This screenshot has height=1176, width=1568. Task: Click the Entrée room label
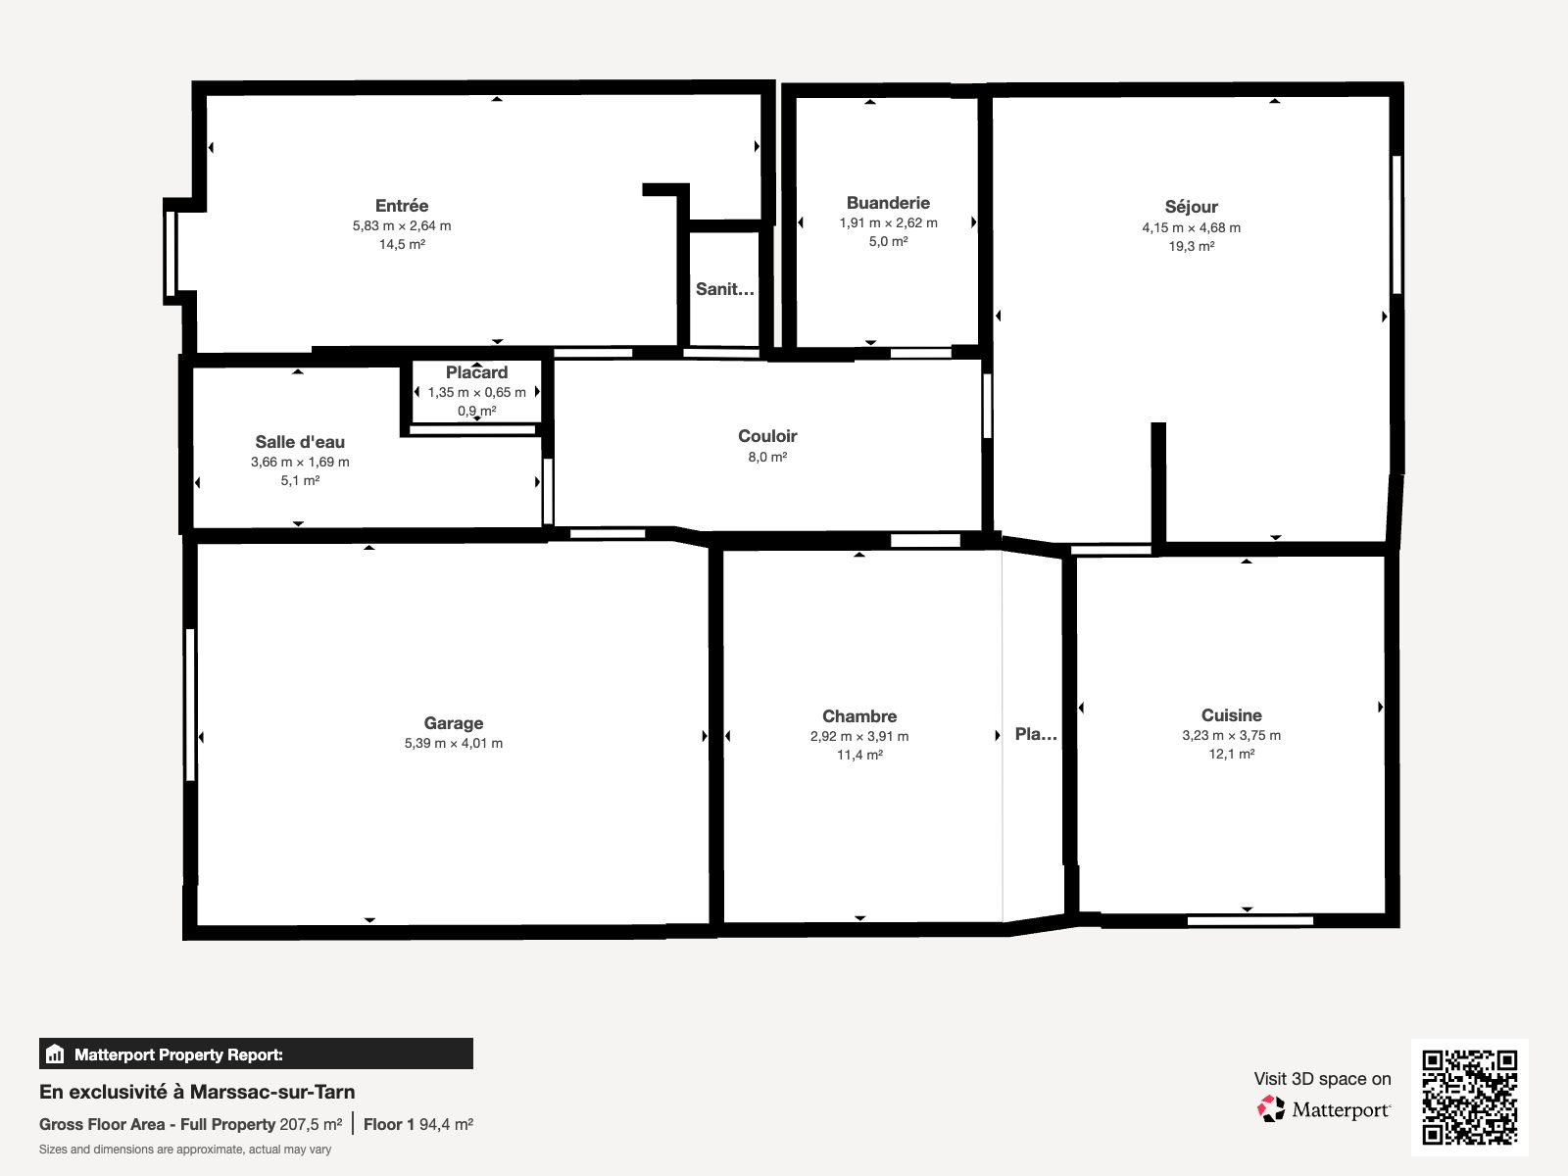pyautogui.click(x=402, y=206)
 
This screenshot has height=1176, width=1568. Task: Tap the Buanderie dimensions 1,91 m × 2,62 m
pyautogui.click(x=888, y=222)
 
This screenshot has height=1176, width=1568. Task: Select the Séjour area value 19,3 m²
pyautogui.click(x=1191, y=246)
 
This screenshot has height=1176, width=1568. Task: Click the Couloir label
pyautogui.click(x=767, y=435)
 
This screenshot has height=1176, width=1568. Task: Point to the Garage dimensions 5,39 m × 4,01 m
pyautogui.click(x=454, y=743)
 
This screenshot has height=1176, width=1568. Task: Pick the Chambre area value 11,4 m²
pyautogui.click(x=859, y=755)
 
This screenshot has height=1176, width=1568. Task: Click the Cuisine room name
pyautogui.click(x=1232, y=714)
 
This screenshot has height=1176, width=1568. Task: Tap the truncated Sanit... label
pyautogui.click(x=724, y=288)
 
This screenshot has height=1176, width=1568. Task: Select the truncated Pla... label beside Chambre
pyautogui.click(x=1036, y=734)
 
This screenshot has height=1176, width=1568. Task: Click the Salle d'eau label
pyautogui.click(x=300, y=442)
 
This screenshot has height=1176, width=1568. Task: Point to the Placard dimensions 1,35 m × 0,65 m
pyautogui.click(x=476, y=392)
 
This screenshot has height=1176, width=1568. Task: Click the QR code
pyautogui.click(x=1469, y=1098)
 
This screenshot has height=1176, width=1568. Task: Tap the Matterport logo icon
pyautogui.click(x=1271, y=1109)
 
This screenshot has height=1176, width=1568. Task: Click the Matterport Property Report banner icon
pyautogui.click(x=55, y=1053)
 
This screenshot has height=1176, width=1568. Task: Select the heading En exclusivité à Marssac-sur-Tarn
pyautogui.click(x=197, y=1092)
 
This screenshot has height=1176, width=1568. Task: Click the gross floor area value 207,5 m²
pyautogui.click(x=311, y=1125)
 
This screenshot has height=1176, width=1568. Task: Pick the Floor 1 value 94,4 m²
pyautogui.click(x=446, y=1125)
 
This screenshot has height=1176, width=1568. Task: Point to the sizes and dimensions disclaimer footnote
pyautogui.click(x=185, y=1150)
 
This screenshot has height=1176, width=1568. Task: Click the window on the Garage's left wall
pyautogui.click(x=190, y=705)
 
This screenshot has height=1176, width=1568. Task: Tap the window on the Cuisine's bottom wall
pyautogui.click(x=1250, y=921)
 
